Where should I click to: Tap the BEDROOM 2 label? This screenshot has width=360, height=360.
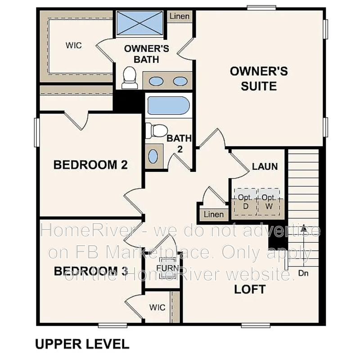pos(90,165)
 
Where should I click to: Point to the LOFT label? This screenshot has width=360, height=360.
pos(250,289)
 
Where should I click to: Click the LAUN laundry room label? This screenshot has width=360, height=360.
pos(265,166)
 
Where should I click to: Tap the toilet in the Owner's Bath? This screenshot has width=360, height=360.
pos(130,78)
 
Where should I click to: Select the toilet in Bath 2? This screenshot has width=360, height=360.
pos(156,130)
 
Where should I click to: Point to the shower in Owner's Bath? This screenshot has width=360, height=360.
pos(139,22)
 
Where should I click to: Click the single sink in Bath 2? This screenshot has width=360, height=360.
pos(153,157)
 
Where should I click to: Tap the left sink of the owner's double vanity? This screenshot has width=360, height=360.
pos(156,81)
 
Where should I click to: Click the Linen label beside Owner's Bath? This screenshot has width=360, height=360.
pos(180,17)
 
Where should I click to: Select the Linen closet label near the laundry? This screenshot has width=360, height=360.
pos(213,214)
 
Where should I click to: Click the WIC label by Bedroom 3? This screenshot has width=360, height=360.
pos(157,308)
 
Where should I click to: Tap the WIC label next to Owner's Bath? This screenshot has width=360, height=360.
pos(74,45)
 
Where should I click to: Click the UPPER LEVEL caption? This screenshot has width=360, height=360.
pos(82,344)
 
